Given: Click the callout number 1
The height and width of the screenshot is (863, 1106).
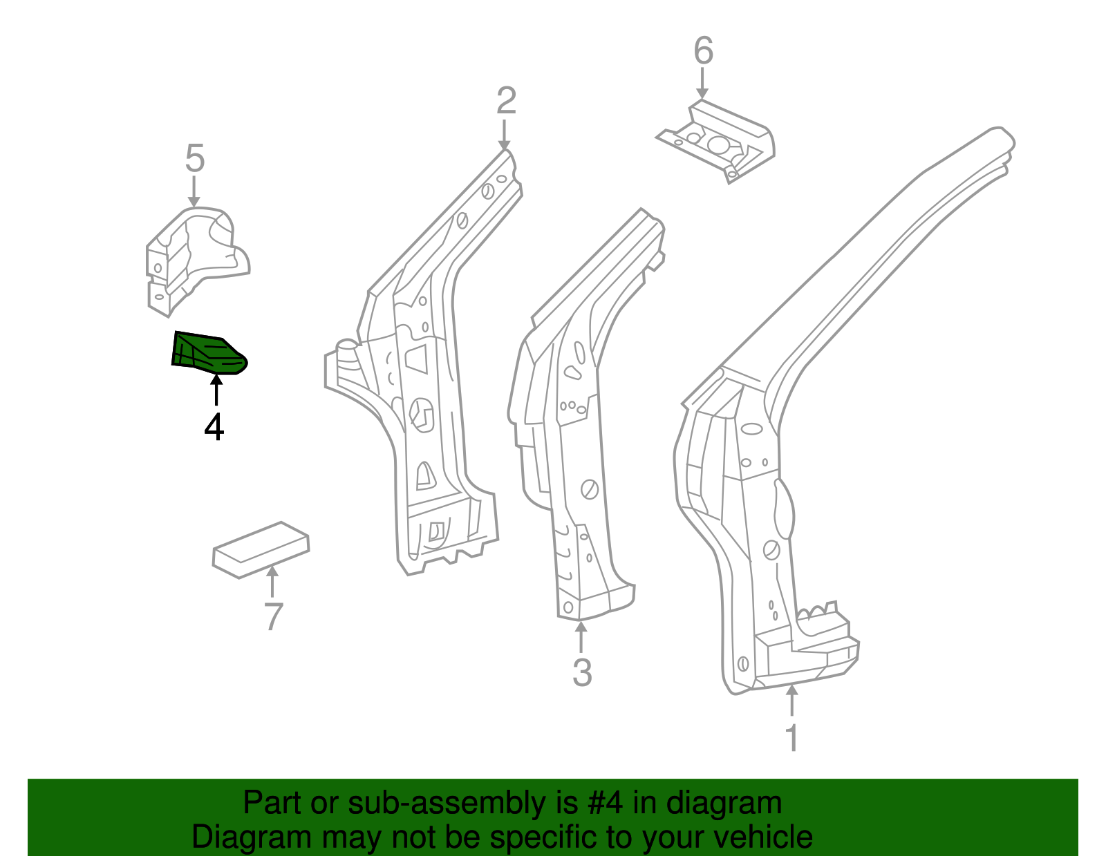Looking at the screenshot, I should tap(792, 738).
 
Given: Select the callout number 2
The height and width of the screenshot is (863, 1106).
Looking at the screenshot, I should tap(506, 101).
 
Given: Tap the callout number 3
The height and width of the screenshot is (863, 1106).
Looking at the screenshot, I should tap(582, 672).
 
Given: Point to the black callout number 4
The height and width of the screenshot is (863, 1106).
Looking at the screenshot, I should tap(214, 427).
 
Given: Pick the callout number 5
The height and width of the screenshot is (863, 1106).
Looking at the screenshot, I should tap(195, 159).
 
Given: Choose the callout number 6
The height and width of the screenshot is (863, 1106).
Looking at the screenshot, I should tap(703, 51).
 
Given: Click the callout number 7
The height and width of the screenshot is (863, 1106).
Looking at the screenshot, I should tap(274, 617).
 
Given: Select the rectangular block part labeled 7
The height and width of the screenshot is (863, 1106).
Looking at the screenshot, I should tap(261, 549).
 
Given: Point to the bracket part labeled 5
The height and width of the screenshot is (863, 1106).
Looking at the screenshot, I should tap(194, 256).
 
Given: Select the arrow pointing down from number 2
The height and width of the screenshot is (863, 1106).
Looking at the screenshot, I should tap(505, 134).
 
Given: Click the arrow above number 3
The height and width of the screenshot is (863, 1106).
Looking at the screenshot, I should tap(581, 637).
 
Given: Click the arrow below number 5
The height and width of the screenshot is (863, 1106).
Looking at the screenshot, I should tap(194, 191).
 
